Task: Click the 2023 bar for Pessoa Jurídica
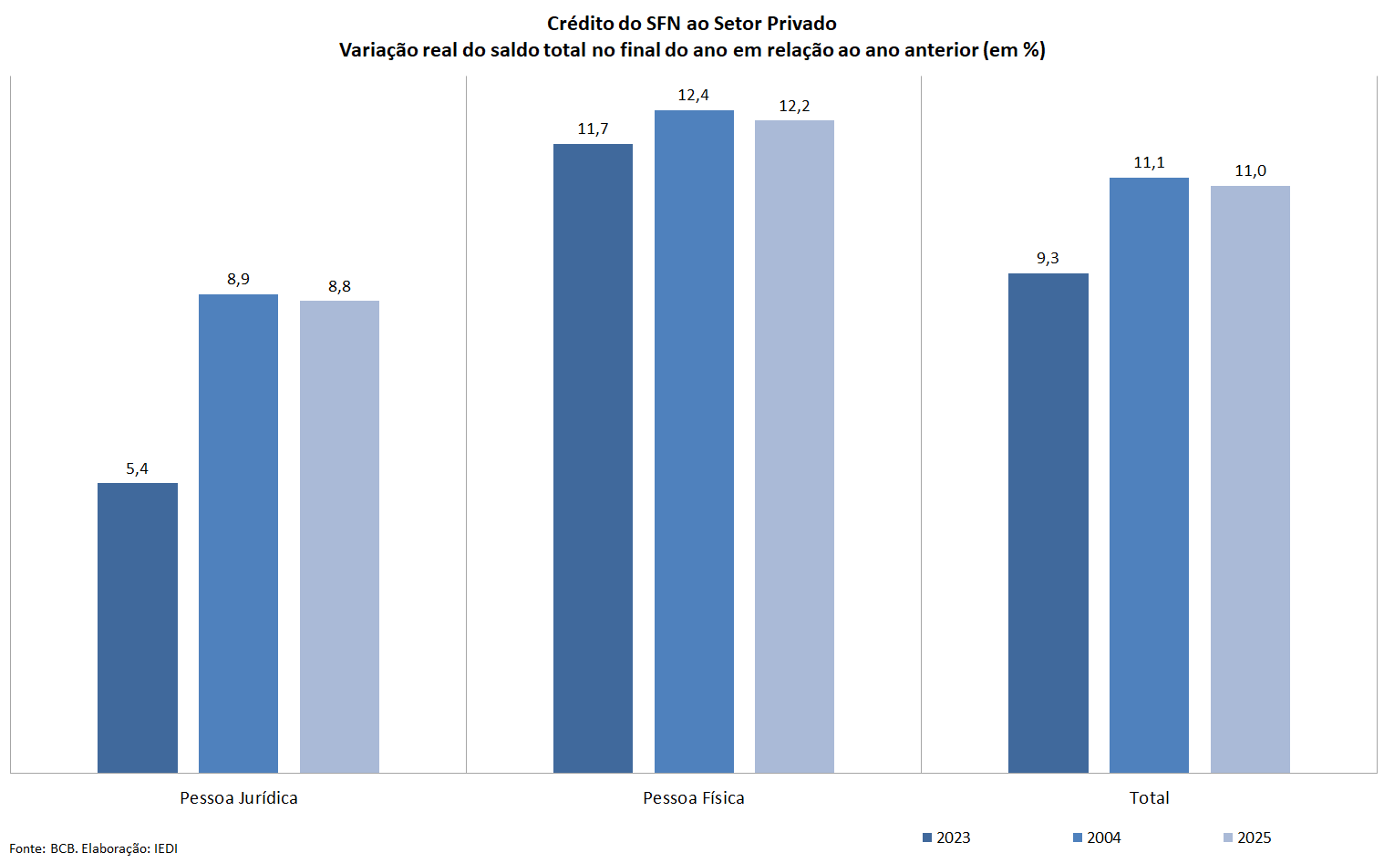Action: coord(138,628)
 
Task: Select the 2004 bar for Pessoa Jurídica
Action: coord(238,533)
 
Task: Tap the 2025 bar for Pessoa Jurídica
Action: coord(339,537)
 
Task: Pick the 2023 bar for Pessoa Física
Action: coord(593,458)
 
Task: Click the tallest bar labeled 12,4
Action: coord(694,441)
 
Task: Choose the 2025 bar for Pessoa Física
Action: coord(794,447)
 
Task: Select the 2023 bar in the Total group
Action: coord(1048,523)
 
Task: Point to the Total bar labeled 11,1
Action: coord(1149,475)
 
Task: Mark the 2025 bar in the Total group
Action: coord(1250,479)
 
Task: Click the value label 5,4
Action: coord(138,468)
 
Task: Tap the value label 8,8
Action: coord(339,286)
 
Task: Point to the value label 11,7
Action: coord(593,129)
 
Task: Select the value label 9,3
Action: coord(1048,259)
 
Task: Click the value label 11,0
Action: coord(1250,171)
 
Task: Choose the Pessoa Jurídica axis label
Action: coord(239,798)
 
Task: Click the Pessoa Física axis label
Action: coord(694,798)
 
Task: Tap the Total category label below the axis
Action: coord(1149,798)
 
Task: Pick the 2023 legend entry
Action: coord(947,837)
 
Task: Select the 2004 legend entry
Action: coord(1098,837)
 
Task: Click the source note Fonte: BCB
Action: coord(94,848)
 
